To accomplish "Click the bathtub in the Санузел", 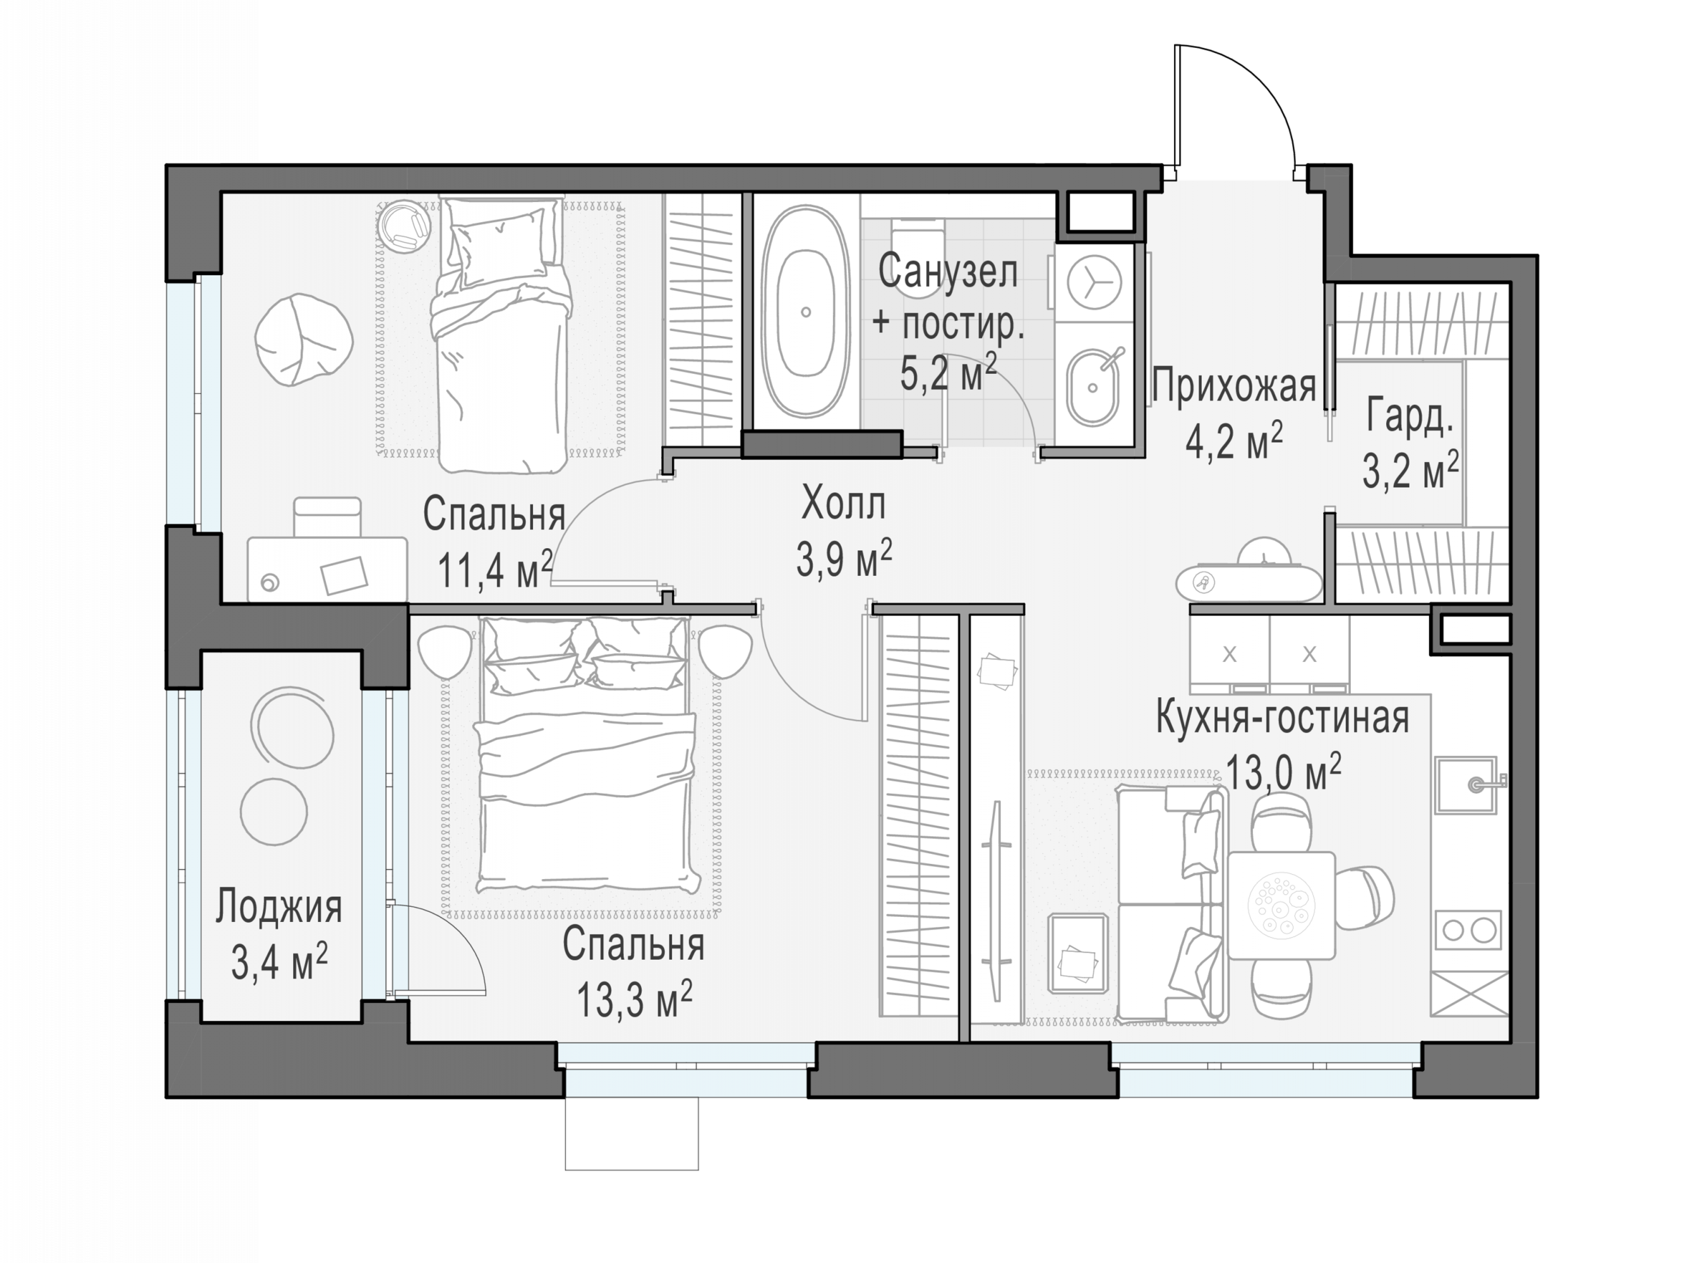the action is tap(805, 311).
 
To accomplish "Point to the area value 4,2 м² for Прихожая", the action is tap(1233, 441).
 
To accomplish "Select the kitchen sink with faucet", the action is tap(1466, 784).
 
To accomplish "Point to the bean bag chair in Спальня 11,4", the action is tap(304, 340).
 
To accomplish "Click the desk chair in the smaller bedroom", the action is tap(327, 518).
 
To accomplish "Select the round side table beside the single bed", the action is tap(404, 225).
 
